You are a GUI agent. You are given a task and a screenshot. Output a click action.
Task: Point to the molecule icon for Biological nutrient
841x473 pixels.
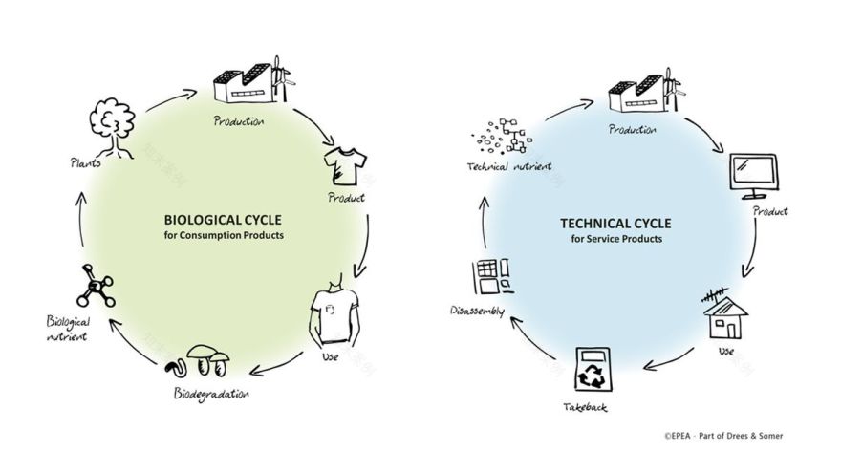95,284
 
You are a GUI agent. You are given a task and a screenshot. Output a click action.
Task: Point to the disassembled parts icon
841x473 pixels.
489,278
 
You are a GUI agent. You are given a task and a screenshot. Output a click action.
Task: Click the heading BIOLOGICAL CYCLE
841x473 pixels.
223,219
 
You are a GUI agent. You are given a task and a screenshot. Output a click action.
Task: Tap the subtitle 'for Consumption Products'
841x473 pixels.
224,235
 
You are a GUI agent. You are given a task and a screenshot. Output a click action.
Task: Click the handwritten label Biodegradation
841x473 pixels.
211,394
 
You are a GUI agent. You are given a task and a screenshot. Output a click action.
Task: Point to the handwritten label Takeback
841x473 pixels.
585,408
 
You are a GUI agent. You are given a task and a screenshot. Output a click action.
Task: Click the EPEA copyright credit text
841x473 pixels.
723,436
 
